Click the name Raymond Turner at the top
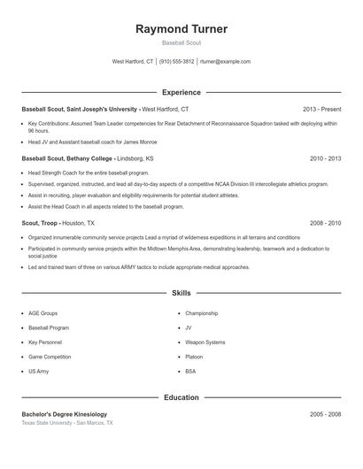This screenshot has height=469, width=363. click(x=181, y=29)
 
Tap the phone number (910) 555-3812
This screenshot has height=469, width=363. click(x=177, y=62)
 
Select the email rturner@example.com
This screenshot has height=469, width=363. click(x=225, y=62)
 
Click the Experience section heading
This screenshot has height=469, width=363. click(x=181, y=92)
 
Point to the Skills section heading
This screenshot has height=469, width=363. click(x=181, y=292)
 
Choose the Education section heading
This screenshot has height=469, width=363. click(x=181, y=397)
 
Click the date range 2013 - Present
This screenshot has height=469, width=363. click(x=321, y=109)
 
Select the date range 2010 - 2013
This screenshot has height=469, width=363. click(x=325, y=158)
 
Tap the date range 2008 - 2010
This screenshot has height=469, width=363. click(x=325, y=224)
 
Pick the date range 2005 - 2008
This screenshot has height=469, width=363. click(x=325, y=414)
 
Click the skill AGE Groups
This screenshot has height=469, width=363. click(x=42, y=313)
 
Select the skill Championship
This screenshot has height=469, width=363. click(x=201, y=313)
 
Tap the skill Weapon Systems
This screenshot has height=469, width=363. click(x=205, y=342)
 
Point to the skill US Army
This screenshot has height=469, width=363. click(x=39, y=371)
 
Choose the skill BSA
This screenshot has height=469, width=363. click(x=190, y=371)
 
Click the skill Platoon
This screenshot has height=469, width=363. click(x=195, y=357)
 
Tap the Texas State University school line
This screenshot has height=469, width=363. click(x=67, y=423)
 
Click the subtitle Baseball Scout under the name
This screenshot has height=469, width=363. click(x=181, y=43)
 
